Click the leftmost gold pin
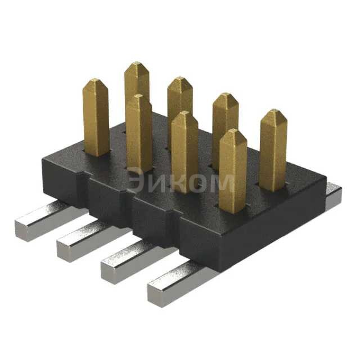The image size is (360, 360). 96,118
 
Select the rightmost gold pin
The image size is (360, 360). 273,149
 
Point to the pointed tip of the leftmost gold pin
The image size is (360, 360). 95,80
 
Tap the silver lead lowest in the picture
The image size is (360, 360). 177,284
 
